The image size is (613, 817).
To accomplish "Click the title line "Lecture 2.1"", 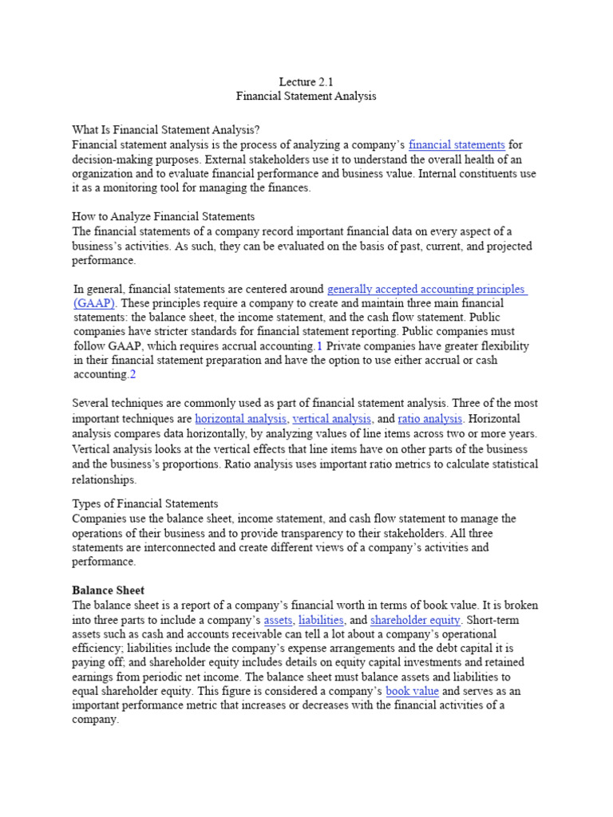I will click(306, 81).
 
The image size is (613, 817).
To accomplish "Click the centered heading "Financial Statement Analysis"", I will click(306, 96).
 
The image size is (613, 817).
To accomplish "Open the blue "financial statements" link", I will click(457, 145).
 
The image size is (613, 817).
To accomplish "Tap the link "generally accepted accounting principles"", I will click(426, 289).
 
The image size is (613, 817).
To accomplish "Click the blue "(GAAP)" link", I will click(94, 303).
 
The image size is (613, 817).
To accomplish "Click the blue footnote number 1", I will click(319, 346).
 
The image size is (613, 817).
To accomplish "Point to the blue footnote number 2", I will click(133, 375).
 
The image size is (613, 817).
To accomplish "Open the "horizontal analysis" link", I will click(240, 418).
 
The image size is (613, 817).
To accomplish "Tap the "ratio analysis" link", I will click(430, 418).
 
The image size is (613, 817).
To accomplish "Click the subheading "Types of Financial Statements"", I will click(145, 504).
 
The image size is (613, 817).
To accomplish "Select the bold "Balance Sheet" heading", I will click(109, 590).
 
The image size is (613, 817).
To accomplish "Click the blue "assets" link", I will click(278, 620).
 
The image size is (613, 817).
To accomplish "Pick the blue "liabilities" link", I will click(321, 620).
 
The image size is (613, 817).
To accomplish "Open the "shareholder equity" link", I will click(415, 620).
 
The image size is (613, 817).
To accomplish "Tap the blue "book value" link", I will click(412, 691).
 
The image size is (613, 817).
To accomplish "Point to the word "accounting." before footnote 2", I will click(101, 375).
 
